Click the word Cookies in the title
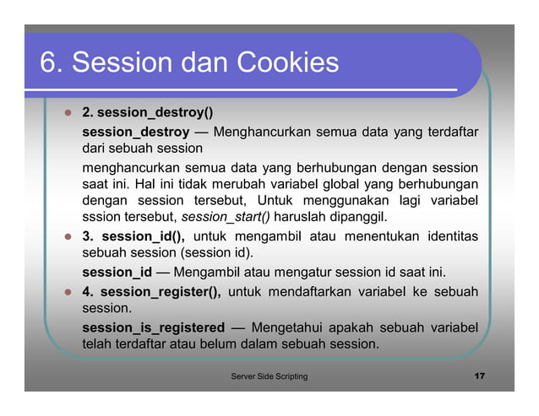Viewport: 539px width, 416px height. [x=287, y=62]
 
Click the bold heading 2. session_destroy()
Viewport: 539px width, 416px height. [x=147, y=111]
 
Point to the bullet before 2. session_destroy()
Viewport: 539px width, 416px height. [x=66, y=112]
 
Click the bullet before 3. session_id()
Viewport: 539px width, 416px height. [x=66, y=235]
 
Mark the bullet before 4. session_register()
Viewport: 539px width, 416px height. [x=66, y=292]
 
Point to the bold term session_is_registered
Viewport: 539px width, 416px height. [x=153, y=327]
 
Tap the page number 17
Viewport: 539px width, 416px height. [x=479, y=375]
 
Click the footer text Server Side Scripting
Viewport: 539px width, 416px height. [x=269, y=375]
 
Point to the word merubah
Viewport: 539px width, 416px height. [x=223, y=183]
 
